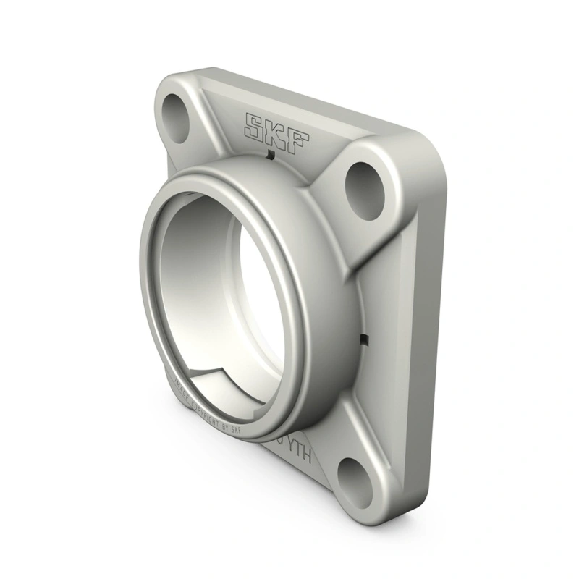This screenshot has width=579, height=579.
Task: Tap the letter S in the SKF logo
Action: (255, 124)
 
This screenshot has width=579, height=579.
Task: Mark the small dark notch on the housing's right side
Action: (365, 340)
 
